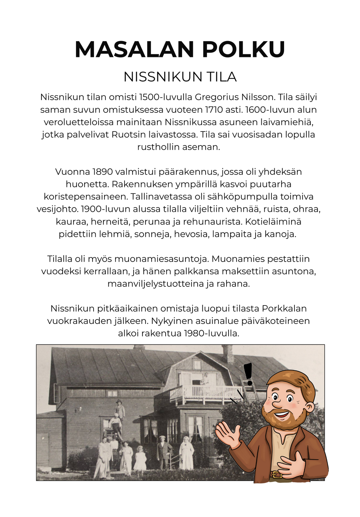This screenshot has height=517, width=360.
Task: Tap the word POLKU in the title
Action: [244, 49]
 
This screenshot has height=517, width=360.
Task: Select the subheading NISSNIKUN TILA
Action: [180, 77]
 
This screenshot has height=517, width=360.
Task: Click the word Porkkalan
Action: [284, 309]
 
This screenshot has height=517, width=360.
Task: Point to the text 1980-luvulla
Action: [211, 333]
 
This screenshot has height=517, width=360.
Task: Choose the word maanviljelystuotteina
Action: [156, 284]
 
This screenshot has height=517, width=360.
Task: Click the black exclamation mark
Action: [248, 374]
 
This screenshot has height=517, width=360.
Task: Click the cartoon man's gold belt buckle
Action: [275, 474]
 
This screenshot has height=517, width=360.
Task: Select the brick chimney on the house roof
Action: [228, 354]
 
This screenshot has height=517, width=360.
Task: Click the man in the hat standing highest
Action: [120, 410]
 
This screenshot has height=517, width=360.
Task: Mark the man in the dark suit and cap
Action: [164, 452]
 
